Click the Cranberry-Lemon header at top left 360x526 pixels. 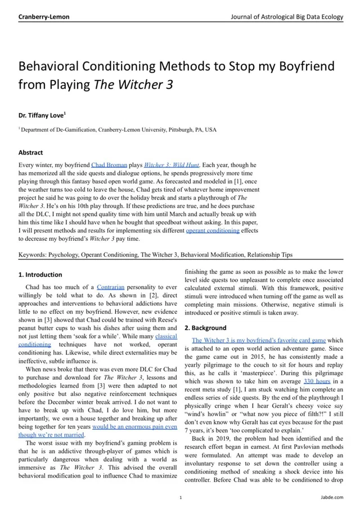point(44,17)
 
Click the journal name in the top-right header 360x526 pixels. point(287,17)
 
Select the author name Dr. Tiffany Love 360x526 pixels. point(42,115)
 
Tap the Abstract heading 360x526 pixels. point(30,152)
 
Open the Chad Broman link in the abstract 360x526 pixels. point(109,165)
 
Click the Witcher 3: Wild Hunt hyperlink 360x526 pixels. point(172,165)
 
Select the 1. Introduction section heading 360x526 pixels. point(40,275)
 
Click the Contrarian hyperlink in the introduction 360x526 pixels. point(111,287)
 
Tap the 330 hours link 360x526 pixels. point(317,381)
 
